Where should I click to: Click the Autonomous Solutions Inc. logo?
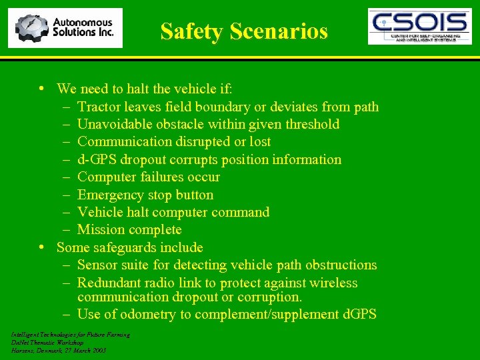[65, 28]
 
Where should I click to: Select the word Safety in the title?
[193, 31]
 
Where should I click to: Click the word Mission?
[101, 229]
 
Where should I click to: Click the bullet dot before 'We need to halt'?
[42, 89]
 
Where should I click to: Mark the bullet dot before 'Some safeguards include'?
[42, 247]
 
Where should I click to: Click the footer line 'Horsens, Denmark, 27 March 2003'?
[59, 350]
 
